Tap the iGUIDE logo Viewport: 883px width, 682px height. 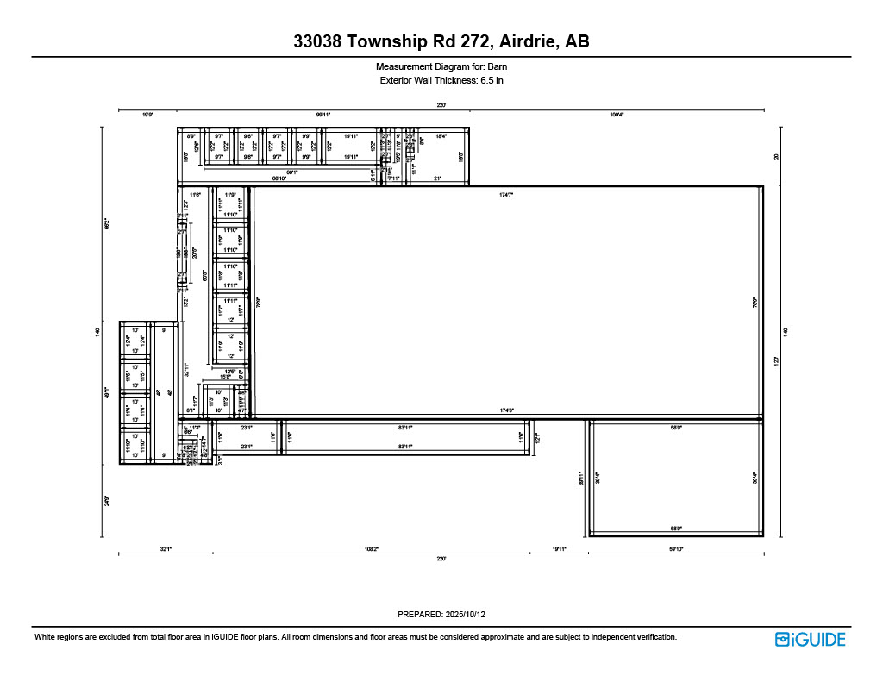[810, 639]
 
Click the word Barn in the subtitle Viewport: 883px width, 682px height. [497, 66]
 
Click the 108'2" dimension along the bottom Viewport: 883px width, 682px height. [371, 549]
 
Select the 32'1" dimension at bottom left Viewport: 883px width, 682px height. [165, 549]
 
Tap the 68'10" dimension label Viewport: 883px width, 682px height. [279, 178]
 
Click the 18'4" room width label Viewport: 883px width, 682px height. [441, 136]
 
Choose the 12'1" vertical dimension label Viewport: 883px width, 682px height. [537, 438]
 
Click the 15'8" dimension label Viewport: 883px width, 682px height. [225, 377]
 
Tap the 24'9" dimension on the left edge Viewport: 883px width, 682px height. [108, 499]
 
